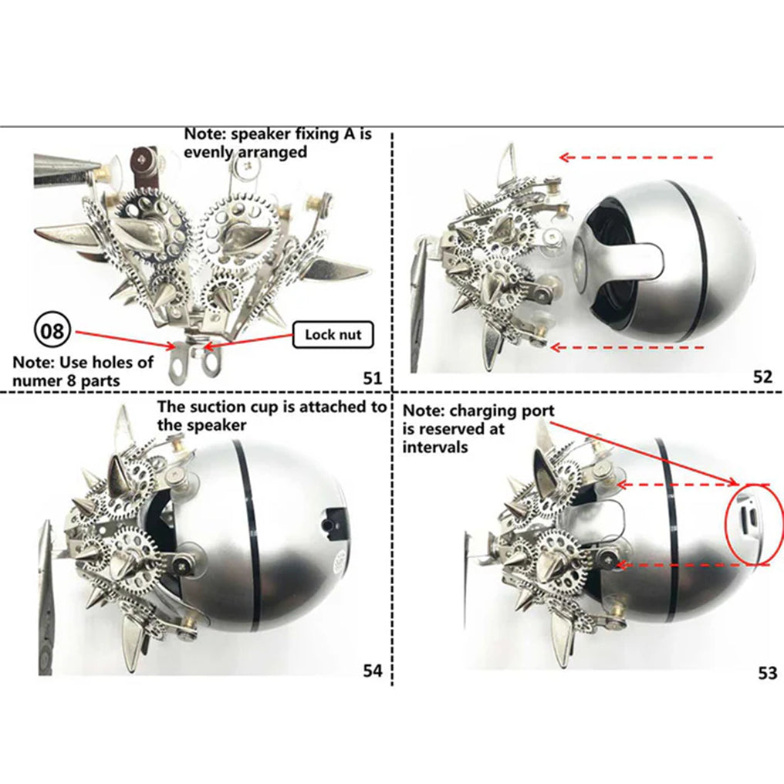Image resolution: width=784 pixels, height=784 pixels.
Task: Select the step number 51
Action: point(373,377)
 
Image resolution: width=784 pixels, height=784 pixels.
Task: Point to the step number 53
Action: point(766,673)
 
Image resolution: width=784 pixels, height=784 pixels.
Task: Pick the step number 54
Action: point(373,671)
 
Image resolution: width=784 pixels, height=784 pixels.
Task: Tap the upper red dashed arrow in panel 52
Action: point(636,157)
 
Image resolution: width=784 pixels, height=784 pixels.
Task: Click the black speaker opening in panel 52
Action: point(613,255)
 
